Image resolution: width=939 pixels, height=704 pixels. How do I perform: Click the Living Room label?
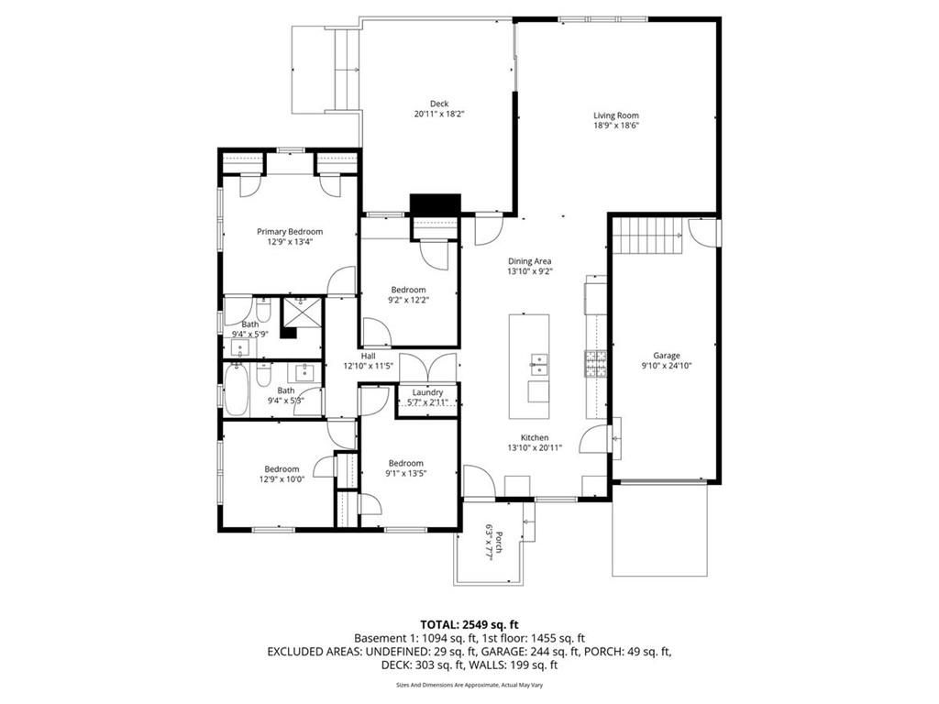click(615, 115)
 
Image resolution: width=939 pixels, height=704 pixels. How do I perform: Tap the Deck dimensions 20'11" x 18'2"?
click(439, 114)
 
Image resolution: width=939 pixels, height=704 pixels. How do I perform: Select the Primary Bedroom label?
click(290, 232)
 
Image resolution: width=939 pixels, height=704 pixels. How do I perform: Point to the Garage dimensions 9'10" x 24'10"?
click(666, 365)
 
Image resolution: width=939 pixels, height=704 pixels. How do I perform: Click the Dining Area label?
click(529, 261)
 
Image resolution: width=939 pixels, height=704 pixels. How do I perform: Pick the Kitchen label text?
click(535, 437)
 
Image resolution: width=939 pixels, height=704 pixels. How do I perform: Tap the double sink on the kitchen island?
click(539, 364)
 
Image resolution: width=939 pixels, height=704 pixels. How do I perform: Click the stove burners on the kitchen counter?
click(595, 364)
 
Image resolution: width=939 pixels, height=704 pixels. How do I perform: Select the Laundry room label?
click(427, 392)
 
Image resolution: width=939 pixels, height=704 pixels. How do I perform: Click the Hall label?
click(369, 357)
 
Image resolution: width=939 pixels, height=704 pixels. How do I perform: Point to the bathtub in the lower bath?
click(237, 390)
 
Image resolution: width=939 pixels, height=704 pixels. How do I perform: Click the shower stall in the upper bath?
click(303, 312)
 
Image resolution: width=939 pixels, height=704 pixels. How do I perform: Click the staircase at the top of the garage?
click(648, 236)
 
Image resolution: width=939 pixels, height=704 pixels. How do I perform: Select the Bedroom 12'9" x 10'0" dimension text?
click(282, 478)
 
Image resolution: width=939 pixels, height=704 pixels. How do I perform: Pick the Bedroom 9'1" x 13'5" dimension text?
click(406, 473)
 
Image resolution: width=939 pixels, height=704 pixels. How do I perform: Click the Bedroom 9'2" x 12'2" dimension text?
click(408, 300)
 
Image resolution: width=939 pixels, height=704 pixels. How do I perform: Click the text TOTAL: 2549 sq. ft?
click(469, 625)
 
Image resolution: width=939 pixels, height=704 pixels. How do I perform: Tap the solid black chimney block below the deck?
click(436, 204)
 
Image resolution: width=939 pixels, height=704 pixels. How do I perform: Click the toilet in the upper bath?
click(263, 310)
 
